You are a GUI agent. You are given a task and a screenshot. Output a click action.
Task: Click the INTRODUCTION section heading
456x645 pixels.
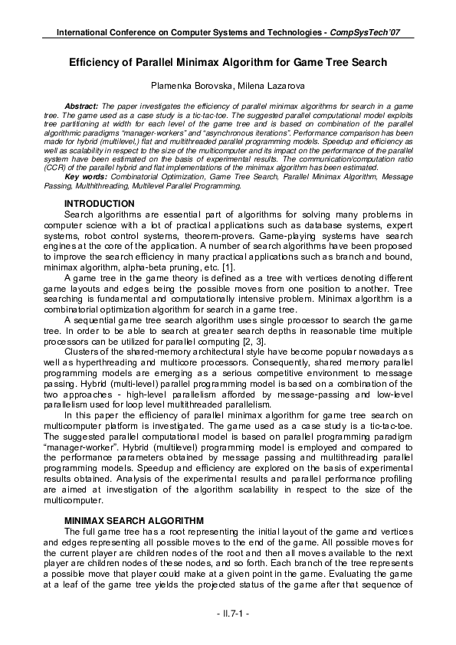coord(100,203)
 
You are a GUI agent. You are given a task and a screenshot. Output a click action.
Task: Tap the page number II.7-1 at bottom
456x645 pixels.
coord(228,614)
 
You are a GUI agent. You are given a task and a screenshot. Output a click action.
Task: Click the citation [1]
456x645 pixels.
coord(250,266)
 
